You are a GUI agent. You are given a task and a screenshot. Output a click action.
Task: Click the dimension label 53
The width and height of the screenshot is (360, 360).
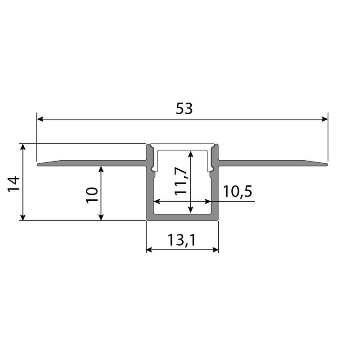pyautogui.click(x=184, y=109)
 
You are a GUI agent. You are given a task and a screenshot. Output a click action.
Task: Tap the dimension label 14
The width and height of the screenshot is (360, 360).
pyautogui.click(x=13, y=184)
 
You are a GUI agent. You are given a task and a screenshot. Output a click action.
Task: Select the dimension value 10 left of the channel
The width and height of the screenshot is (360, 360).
pyautogui.click(x=92, y=194)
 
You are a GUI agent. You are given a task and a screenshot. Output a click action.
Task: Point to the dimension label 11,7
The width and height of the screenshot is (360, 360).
pyautogui.click(x=181, y=181)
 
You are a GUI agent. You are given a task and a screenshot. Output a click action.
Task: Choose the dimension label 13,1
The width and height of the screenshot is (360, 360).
pyautogui.click(x=182, y=241)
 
